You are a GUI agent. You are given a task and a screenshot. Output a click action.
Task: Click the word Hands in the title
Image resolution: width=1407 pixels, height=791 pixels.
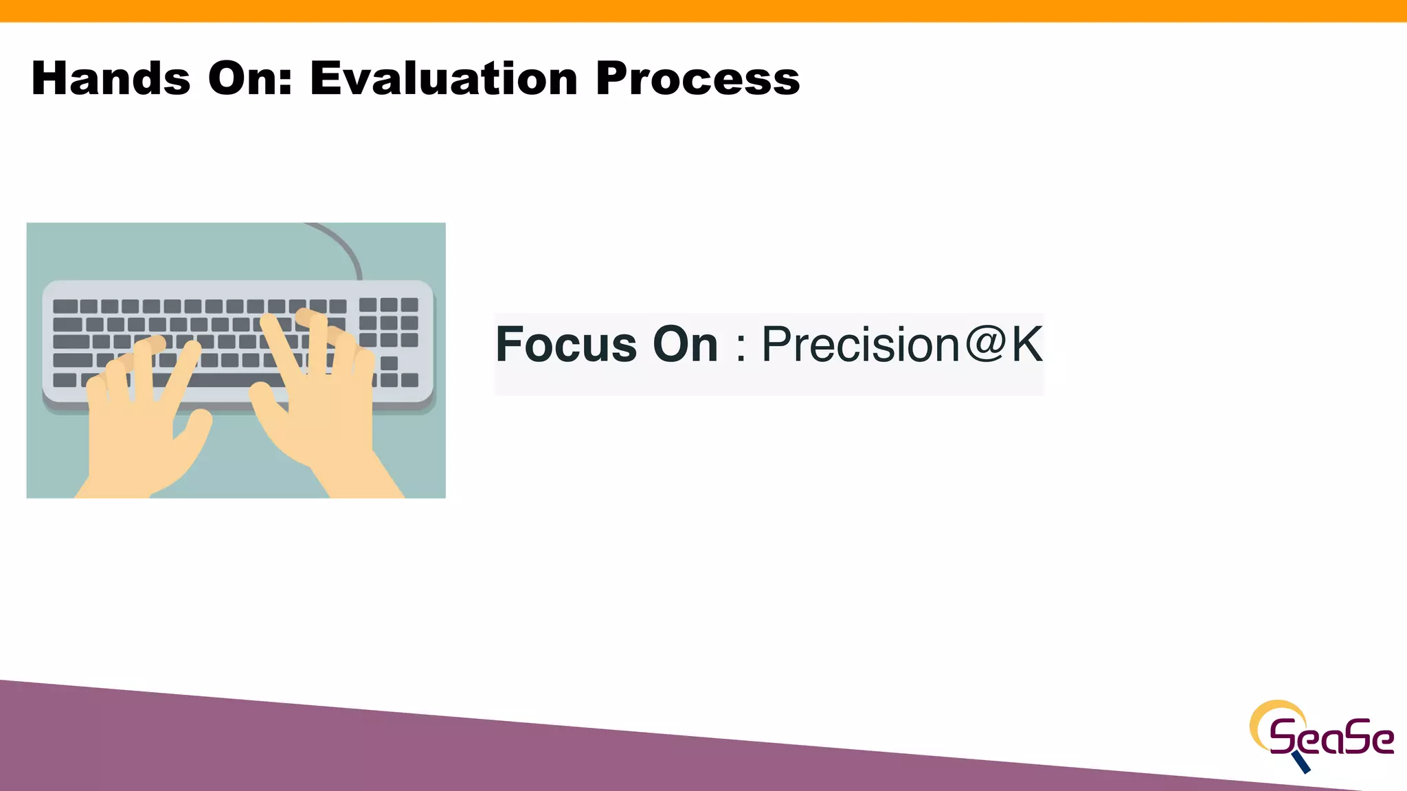coord(111,78)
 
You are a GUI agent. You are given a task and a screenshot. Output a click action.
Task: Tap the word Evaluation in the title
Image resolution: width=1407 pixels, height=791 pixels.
coord(444,78)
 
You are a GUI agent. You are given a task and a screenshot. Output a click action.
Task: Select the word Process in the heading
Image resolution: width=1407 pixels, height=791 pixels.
coord(697,78)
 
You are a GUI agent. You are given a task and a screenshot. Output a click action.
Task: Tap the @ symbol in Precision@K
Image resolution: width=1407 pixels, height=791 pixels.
coord(984,343)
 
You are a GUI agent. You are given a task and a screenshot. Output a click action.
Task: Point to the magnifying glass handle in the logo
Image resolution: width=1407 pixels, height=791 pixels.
coord(1301,761)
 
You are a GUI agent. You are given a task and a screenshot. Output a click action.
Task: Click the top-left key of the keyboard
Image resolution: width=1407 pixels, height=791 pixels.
coord(65,306)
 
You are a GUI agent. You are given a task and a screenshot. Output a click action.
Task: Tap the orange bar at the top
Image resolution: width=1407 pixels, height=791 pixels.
coord(703,10)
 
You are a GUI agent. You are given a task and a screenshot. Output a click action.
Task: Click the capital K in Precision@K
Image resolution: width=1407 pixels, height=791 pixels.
coord(1026,345)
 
